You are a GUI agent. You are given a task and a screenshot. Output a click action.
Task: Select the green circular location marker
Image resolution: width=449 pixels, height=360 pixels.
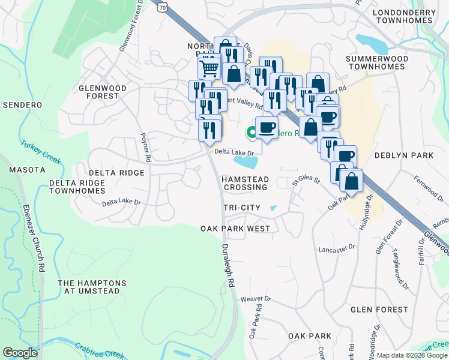(251, 132)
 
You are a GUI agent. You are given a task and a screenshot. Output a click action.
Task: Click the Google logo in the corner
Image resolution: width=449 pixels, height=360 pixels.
(20, 353)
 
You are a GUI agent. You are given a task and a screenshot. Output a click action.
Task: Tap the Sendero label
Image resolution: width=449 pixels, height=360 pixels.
(22, 105)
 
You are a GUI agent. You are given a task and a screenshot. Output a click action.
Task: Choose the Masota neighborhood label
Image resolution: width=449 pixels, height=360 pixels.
(24, 170)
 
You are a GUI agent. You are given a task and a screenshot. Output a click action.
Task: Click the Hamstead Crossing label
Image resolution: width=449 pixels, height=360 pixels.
(244, 183)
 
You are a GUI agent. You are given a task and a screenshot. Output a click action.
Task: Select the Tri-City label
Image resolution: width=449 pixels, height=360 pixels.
(242, 208)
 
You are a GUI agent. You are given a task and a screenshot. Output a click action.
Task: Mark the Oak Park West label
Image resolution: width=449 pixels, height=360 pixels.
(235, 229)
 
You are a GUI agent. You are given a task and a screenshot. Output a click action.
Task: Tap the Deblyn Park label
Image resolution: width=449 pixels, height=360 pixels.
(404, 155)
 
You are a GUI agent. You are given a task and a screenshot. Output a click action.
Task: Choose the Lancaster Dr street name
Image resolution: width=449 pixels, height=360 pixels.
(337, 247)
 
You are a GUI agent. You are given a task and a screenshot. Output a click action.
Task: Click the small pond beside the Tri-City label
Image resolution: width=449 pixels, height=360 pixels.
(274, 208)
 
